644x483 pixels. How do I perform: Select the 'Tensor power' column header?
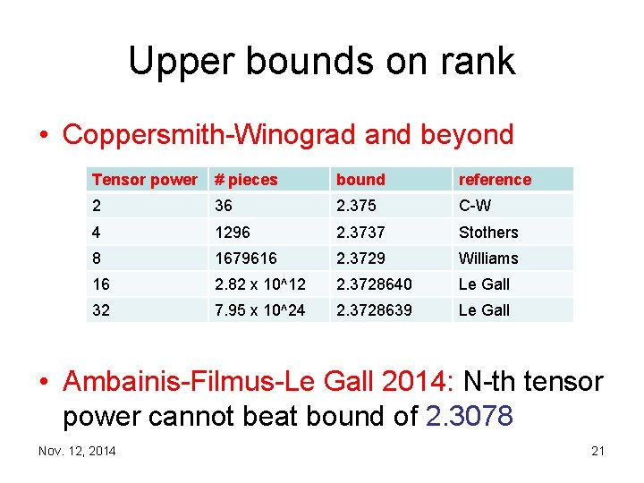(144, 180)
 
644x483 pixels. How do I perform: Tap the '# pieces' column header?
(246, 180)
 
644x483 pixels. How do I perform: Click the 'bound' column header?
(360, 180)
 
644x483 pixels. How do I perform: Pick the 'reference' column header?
(495, 180)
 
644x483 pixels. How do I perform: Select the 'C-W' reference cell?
(475, 206)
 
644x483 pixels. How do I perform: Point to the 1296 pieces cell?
(232, 233)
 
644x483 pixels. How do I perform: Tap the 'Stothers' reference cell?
(488, 233)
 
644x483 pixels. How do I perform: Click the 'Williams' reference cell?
(488, 258)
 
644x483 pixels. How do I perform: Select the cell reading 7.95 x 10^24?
(259, 310)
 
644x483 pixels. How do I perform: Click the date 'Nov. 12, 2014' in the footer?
(77, 451)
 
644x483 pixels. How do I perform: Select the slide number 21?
(597, 451)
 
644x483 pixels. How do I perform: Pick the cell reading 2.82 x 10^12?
(259, 284)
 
